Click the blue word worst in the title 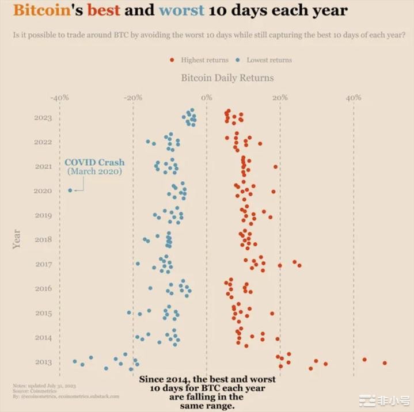coord(181,11)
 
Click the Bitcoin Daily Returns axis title coord(227,78)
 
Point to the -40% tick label coord(59,98)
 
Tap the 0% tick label coord(206,98)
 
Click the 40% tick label coord(354,98)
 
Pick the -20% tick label coord(133,98)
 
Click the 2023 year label coord(43,118)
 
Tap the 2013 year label coord(43,363)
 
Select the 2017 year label coord(43,265)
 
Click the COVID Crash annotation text coord(94,163)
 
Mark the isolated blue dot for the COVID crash coord(70,190)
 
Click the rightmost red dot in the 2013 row coord(385,363)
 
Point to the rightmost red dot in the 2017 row coord(299,265)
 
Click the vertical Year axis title coord(16,239)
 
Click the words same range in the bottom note coord(207,406)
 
